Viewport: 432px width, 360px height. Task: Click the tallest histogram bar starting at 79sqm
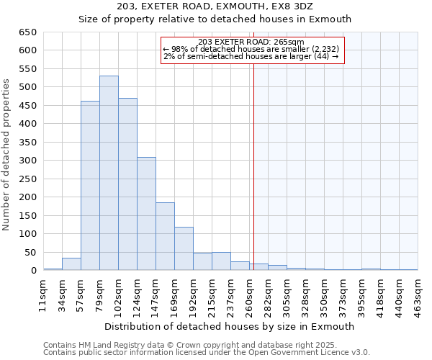(x=109, y=173)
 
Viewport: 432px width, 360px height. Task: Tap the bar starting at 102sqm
(x=127, y=184)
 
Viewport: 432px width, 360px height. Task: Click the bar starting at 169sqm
(x=184, y=248)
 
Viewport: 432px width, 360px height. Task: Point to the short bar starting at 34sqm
(x=71, y=264)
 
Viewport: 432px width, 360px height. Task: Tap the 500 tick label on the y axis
(x=27, y=87)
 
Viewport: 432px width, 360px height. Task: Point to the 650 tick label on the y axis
(x=27, y=32)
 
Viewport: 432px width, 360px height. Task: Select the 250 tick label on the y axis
(x=27, y=179)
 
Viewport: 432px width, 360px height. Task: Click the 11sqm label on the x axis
(x=42, y=294)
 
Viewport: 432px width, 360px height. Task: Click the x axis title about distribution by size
(x=229, y=326)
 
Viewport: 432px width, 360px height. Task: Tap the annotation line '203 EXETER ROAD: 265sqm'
(x=251, y=42)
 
